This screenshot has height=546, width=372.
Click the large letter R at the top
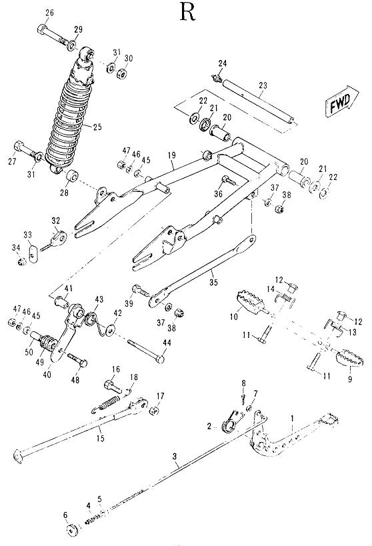(187, 13)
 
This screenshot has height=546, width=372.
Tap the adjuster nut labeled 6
(69, 530)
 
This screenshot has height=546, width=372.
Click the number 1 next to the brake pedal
(291, 417)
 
